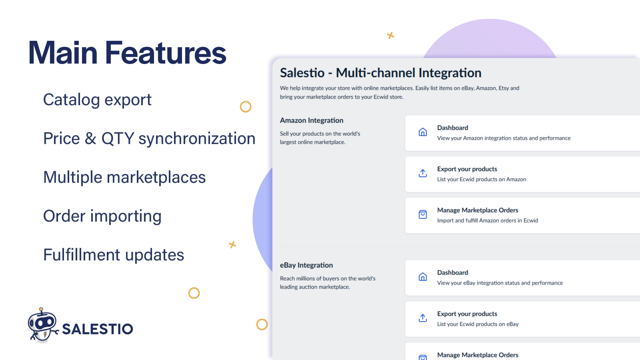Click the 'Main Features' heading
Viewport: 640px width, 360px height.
[x=128, y=53]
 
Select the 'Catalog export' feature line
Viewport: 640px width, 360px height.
[x=97, y=100]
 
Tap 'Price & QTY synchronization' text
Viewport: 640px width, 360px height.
[x=149, y=138]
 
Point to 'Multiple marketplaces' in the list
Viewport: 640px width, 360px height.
[x=124, y=177]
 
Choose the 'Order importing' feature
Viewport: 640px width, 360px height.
[x=102, y=216]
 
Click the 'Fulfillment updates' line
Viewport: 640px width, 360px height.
[x=114, y=255]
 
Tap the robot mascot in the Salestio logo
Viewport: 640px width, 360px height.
[x=43, y=325]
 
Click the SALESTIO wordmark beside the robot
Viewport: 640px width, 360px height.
[x=98, y=329]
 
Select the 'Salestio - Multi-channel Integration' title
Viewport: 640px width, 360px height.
[x=380, y=73]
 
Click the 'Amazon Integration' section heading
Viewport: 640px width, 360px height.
[x=312, y=120]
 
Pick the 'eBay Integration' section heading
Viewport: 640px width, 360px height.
[x=306, y=265]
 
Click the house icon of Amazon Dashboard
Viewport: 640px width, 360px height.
[x=422, y=132]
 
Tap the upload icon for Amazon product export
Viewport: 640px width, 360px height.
[x=422, y=173]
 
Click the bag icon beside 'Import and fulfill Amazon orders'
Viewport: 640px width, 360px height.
[x=422, y=214]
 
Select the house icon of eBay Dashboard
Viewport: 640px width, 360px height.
[x=422, y=276]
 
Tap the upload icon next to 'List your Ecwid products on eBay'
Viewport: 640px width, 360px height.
[x=422, y=318]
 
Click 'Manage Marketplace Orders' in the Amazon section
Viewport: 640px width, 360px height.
[x=478, y=210]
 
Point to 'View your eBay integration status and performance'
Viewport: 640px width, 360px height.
[x=500, y=283]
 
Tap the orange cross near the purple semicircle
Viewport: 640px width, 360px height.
[x=390, y=36]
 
